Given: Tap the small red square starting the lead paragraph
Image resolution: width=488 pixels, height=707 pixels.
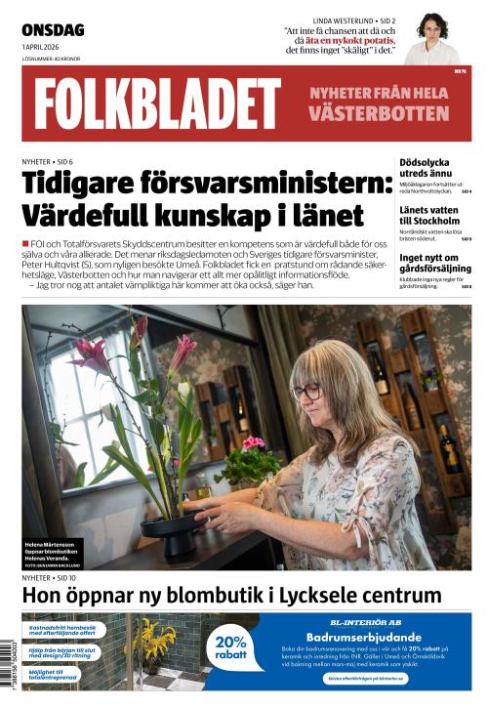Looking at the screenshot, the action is pyautogui.click(x=25, y=242).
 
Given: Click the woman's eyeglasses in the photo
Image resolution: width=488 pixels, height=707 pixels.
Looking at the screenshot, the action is pyautogui.click(x=305, y=393).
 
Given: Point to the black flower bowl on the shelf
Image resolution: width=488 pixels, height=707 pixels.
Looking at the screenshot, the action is pyautogui.click(x=170, y=531).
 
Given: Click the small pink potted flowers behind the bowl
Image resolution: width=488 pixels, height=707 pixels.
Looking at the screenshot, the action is pyautogui.click(x=253, y=444).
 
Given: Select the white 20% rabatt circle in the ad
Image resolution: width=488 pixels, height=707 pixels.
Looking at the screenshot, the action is pyautogui.click(x=231, y=647).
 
